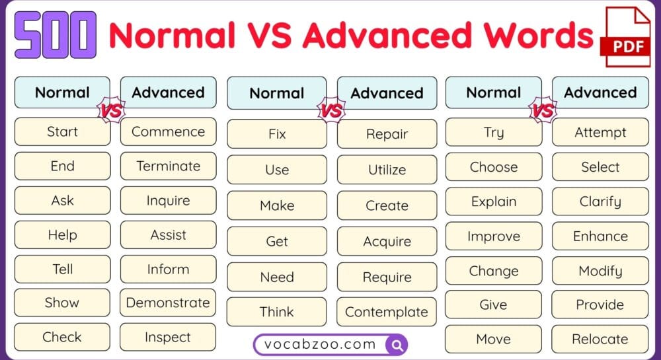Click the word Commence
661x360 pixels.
(x=168, y=131)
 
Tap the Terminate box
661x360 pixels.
(x=168, y=166)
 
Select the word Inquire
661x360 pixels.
(x=168, y=200)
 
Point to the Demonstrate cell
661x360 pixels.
(x=168, y=303)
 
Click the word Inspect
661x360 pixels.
(x=168, y=338)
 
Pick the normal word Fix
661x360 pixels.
(x=277, y=134)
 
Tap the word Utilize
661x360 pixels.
(x=387, y=170)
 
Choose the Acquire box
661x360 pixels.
(x=387, y=241)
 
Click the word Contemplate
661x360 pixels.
(x=387, y=312)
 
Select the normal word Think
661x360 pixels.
(x=277, y=312)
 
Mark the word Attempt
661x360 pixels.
(x=600, y=132)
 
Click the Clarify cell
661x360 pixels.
(x=600, y=201)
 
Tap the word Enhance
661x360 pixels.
(x=600, y=236)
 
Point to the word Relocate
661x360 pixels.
(x=600, y=340)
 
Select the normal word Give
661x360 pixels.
(x=493, y=305)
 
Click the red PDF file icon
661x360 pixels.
(x=625, y=38)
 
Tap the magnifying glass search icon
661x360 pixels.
(x=397, y=344)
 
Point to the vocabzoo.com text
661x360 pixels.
(x=320, y=344)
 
